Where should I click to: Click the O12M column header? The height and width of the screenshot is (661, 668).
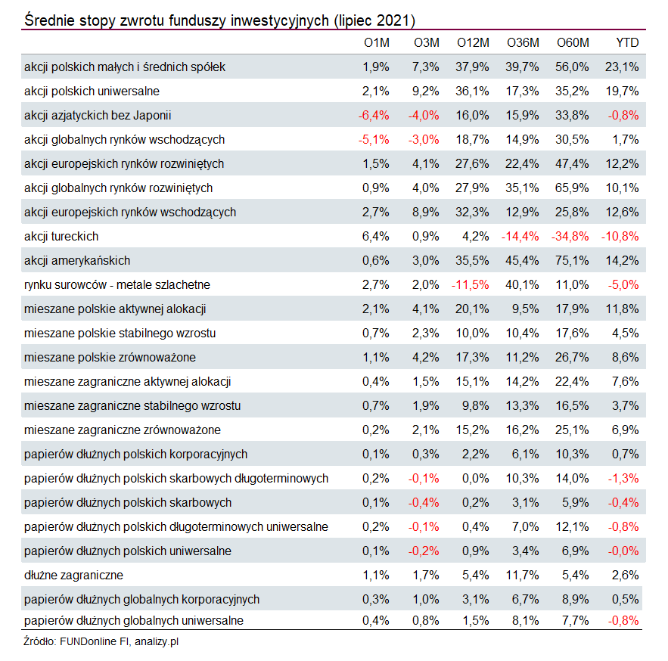coord(473,42)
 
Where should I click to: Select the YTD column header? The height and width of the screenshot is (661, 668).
coord(627,42)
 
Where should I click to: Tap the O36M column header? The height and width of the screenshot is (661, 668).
coord(523,42)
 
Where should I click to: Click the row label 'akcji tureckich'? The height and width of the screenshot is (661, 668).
coord(61,237)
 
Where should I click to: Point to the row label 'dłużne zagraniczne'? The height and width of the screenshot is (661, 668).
coord(73,576)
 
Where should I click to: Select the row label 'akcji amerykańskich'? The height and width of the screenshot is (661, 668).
coord(77,261)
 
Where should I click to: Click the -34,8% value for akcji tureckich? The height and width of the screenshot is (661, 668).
coord(570,237)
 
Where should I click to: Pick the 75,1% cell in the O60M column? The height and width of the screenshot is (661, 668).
coord(572,261)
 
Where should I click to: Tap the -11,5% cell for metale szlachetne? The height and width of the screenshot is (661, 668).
coord(471,285)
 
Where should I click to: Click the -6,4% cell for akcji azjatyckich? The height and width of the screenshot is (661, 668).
coord(374,116)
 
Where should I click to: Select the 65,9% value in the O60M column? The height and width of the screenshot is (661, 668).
coord(572,188)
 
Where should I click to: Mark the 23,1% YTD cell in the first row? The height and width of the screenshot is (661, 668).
coord(622,67)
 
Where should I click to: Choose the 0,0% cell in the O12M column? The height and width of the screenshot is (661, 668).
coord(475,478)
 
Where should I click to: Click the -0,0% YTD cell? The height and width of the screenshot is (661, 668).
coord(623,551)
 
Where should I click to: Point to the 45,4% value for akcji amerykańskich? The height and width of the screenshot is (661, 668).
coord(522,261)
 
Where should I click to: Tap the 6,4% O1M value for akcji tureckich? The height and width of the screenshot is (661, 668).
coord(376,237)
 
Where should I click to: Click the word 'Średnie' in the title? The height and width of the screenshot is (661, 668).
coord(48,20)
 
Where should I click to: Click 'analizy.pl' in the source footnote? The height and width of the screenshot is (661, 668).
coord(157,641)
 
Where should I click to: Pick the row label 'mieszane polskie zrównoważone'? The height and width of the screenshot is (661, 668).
coord(110,357)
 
